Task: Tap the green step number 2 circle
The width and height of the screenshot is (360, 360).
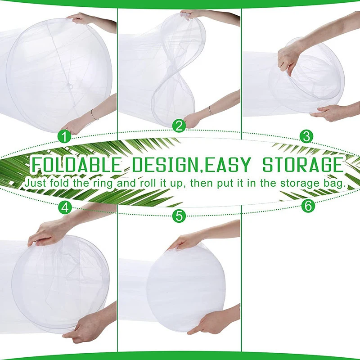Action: coord(180,126)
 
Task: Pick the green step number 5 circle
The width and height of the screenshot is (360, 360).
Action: coord(180,216)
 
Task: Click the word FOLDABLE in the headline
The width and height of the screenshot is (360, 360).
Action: coord(76,165)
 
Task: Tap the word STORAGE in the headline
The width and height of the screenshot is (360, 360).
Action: coord(303,165)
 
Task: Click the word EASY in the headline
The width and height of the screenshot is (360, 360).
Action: coord(229,165)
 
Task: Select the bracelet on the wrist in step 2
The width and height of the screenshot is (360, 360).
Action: coord(210,110)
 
